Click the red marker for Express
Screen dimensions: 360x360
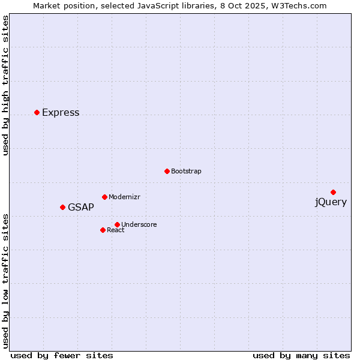(37, 112)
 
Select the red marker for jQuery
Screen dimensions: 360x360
(333, 192)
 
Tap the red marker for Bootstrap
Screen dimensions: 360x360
(167, 171)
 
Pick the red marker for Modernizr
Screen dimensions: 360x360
(104, 197)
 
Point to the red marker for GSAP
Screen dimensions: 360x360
(62, 207)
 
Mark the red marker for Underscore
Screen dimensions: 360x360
(117, 224)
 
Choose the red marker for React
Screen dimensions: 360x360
(103, 230)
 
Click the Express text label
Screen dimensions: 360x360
(61, 113)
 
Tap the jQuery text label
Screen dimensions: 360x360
(331, 202)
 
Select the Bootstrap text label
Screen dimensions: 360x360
(186, 172)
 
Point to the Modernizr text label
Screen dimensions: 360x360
(124, 197)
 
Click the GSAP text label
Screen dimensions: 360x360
(81, 208)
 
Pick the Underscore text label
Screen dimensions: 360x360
(139, 225)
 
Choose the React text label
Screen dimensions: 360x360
(116, 230)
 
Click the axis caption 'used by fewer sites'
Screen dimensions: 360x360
(62, 355)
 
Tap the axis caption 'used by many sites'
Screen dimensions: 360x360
(301, 355)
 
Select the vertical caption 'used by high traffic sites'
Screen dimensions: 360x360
(6, 85)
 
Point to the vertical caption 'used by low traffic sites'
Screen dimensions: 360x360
(6, 280)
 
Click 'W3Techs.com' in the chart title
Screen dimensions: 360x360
(300, 6)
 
